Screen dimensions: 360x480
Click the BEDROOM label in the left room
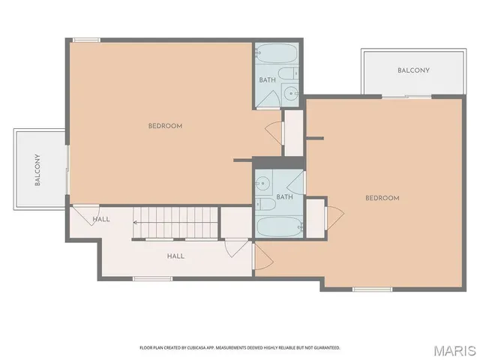click(165, 126)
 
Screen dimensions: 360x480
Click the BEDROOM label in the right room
click(382, 198)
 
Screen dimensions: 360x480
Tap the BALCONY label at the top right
click(413, 70)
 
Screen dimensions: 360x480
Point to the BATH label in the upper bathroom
click(268, 80)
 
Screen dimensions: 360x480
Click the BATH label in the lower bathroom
click(284, 197)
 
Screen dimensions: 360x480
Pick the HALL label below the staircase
click(175, 256)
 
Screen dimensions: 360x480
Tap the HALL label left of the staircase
click(101, 220)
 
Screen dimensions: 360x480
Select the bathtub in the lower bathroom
click(279, 226)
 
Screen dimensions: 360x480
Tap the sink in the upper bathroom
click(292, 93)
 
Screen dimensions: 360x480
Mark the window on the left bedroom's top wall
click(87, 40)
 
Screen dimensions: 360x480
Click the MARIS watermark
click(454, 349)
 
